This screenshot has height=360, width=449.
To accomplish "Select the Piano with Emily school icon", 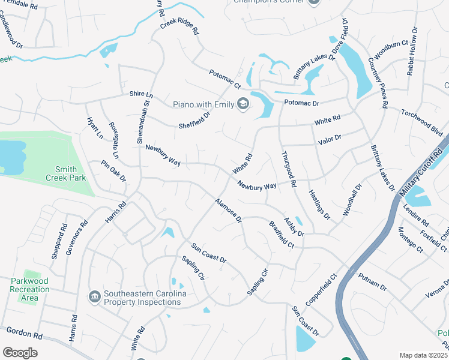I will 243,105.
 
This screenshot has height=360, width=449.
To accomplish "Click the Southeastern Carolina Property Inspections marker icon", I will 94,298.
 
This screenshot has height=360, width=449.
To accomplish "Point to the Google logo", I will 20,353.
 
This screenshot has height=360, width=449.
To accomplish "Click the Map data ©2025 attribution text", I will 423,355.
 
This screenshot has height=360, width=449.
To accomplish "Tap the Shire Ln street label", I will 142,95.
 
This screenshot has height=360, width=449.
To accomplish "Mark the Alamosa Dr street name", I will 228,211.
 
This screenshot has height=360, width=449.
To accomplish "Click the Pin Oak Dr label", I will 113,170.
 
